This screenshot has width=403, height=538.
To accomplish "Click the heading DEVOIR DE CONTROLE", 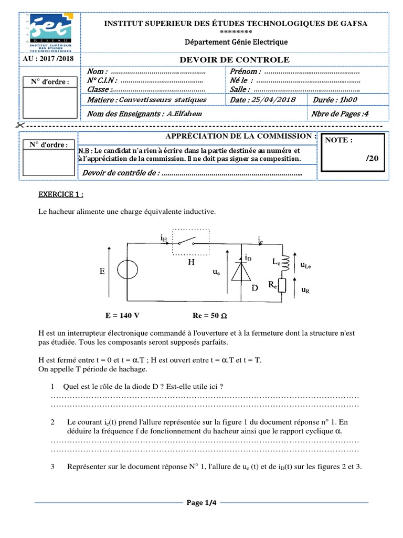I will coord(234,60).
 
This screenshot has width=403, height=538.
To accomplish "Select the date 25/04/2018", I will coord(274,99).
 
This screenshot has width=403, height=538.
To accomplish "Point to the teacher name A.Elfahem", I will coord(183,113).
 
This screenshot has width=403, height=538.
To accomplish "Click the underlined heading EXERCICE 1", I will coord(61,194).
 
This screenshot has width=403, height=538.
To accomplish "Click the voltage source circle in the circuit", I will coord(126,271).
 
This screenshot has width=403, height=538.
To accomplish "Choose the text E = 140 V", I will coord(122,316).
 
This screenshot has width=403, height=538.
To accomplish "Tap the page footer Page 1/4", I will coord(201,503).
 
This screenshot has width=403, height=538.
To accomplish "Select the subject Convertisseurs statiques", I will coord(163,99).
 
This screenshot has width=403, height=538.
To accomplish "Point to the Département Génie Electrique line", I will coord(236,42).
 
